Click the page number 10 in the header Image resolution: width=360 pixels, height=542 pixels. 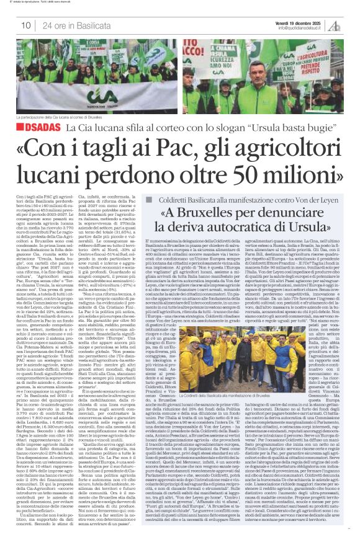point(26,25)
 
